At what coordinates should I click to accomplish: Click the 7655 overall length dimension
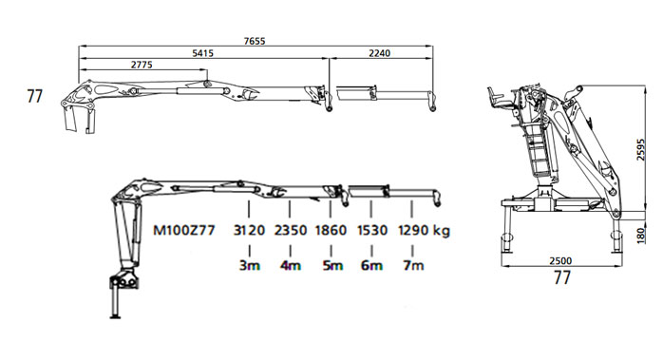point(255,41)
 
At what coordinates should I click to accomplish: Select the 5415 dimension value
point(203,53)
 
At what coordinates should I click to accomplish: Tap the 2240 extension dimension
point(380,53)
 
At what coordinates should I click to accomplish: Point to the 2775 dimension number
point(142,65)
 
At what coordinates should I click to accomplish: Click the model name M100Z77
point(184,231)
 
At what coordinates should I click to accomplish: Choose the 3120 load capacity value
point(249,231)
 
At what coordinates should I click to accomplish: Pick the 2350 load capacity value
point(291,231)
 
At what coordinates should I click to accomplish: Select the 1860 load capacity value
point(331,231)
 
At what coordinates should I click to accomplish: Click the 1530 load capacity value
point(372,231)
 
